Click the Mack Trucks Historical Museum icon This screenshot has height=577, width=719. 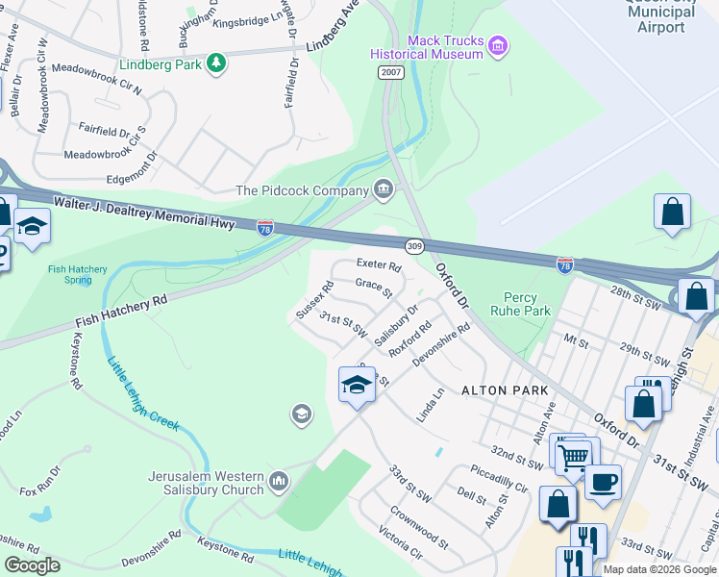pyautogui.click(x=497, y=46)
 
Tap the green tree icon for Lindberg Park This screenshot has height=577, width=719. pyautogui.click(x=218, y=63)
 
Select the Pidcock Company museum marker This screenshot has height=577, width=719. pyautogui.click(x=384, y=186)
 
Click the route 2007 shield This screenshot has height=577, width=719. pyautogui.click(x=389, y=72)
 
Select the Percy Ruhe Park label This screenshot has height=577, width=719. pyautogui.click(x=527, y=304)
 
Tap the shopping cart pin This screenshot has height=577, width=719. pyautogui.click(x=573, y=456)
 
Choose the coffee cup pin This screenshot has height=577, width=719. pyautogui.click(x=603, y=481)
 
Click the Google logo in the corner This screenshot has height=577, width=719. pyautogui.click(x=32, y=565)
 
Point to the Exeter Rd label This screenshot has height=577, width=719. pyautogui.click(x=378, y=264)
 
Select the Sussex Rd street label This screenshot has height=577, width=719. pyautogui.click(x=314, y=299)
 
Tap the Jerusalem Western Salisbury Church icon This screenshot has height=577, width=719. pyautogui.click(x=279, y=480)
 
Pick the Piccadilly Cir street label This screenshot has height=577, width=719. pyautogui.click(x=499, y=479)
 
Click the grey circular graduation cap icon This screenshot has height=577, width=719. pyautogui.click(x=301, y=414)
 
